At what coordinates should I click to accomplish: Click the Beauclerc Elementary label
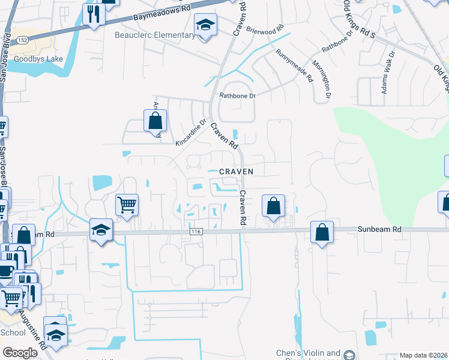click(155, 35)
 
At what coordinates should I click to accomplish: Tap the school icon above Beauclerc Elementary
click(205, 25)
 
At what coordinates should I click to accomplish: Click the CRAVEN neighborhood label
click(236, 172)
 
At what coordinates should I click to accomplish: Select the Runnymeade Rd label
click(295, 65)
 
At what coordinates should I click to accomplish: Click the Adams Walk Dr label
click(388, 72)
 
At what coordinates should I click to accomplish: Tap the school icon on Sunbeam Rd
click(101, 230)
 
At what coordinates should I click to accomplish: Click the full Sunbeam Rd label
click(381, 230)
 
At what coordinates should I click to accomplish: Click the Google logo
click(20, 353)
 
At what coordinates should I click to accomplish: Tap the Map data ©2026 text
click(423, 355)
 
